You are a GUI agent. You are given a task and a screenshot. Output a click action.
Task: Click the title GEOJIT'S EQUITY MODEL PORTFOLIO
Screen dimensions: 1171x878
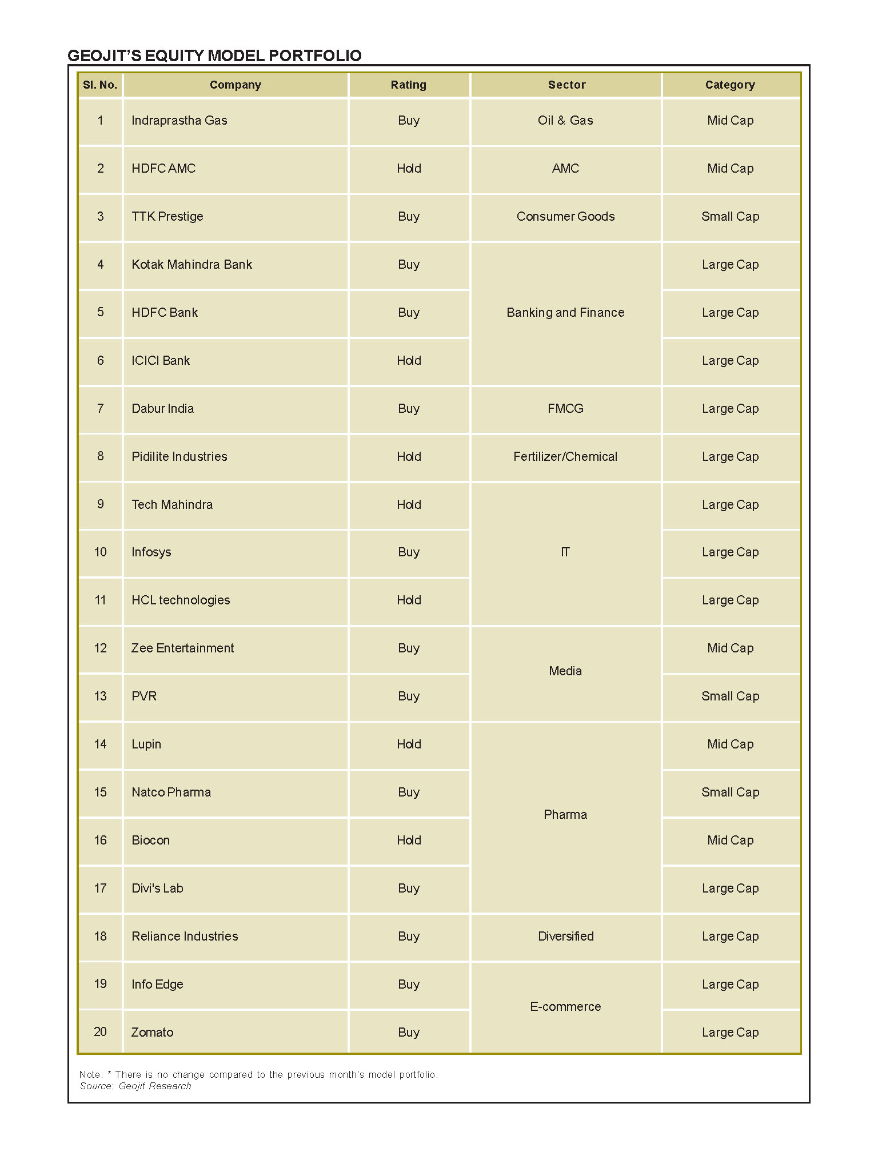(x=214, y=55)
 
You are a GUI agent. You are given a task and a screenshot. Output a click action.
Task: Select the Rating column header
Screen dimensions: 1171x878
(x=408, y=85)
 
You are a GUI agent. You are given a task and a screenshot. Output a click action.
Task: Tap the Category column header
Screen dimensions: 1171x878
(x=730, y=85)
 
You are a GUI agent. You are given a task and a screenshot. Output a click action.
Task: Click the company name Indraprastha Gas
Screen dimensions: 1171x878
(x=179, y=120)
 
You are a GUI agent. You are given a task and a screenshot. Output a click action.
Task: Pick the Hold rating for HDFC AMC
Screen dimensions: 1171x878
(x=409, y=168)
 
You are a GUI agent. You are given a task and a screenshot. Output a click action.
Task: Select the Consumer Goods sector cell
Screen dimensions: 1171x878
(x=565, y=216)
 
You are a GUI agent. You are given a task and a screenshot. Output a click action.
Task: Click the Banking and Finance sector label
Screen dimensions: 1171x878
(x=565, y=312)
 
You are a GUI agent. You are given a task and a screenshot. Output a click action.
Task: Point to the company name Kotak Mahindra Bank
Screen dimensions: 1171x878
(x=191, y=264)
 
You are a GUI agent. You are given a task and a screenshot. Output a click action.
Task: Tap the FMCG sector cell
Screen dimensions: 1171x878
(x=565, y=408)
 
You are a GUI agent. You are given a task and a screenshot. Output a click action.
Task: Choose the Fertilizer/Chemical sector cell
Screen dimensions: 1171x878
(x=565, y=456)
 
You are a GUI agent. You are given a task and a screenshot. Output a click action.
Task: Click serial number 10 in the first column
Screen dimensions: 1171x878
(x=101, y=552)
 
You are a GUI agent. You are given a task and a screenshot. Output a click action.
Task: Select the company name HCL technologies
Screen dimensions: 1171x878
(x=181, y=600)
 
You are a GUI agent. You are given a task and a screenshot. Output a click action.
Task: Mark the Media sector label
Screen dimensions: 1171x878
(x=565, y=671)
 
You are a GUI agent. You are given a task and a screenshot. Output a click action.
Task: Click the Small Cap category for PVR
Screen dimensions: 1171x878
(x=730, y=696)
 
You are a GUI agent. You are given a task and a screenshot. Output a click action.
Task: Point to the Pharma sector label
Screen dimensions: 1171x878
(x=565, y=814)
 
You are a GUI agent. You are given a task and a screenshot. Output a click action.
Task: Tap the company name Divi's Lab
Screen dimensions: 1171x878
(x=157, y=888)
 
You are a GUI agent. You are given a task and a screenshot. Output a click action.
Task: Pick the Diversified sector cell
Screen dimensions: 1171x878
(x=565, y=936)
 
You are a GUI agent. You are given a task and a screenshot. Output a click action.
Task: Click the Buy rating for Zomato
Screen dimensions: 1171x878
(x=409, y=1032)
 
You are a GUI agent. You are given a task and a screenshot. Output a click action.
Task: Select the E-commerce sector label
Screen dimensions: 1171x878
(x=565, y=1006)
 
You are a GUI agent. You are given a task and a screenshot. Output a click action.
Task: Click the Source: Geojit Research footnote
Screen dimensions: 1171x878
(x=135, y=1086)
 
